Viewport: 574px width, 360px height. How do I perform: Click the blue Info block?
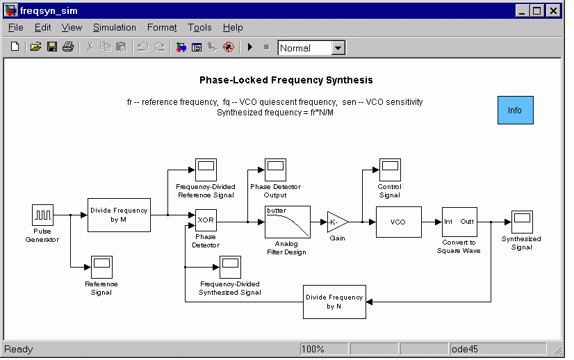[x=515, y=111]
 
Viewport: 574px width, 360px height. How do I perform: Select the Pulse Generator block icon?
[x=42, y=215]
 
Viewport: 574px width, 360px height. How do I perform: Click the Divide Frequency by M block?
[x=119, y=215]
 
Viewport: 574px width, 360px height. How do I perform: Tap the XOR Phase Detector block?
[x=206, y=221]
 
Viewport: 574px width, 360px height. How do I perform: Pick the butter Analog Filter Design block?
[x=286, y=222]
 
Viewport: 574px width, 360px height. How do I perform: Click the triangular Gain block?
[x=336, y=222]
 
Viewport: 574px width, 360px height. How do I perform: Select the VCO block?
[x=398, y=222]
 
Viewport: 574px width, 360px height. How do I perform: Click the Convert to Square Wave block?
[x=458, y=222]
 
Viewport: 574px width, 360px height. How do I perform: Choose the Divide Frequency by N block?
[x=334, y=302]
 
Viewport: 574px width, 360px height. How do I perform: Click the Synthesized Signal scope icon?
[x=522, y=222]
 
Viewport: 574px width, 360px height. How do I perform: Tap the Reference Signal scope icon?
[x=101, y=267]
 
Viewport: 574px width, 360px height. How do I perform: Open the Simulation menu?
[x=115, y=28]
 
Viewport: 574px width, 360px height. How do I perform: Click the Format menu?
[x=162, y=28]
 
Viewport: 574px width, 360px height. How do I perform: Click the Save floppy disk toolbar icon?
[x=52, y=47]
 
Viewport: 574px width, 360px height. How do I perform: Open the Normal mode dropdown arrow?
[x=338, y=48]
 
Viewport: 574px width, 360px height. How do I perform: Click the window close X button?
[x=553, y=10]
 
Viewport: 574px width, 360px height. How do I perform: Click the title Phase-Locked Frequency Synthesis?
[x=286, y=81]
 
